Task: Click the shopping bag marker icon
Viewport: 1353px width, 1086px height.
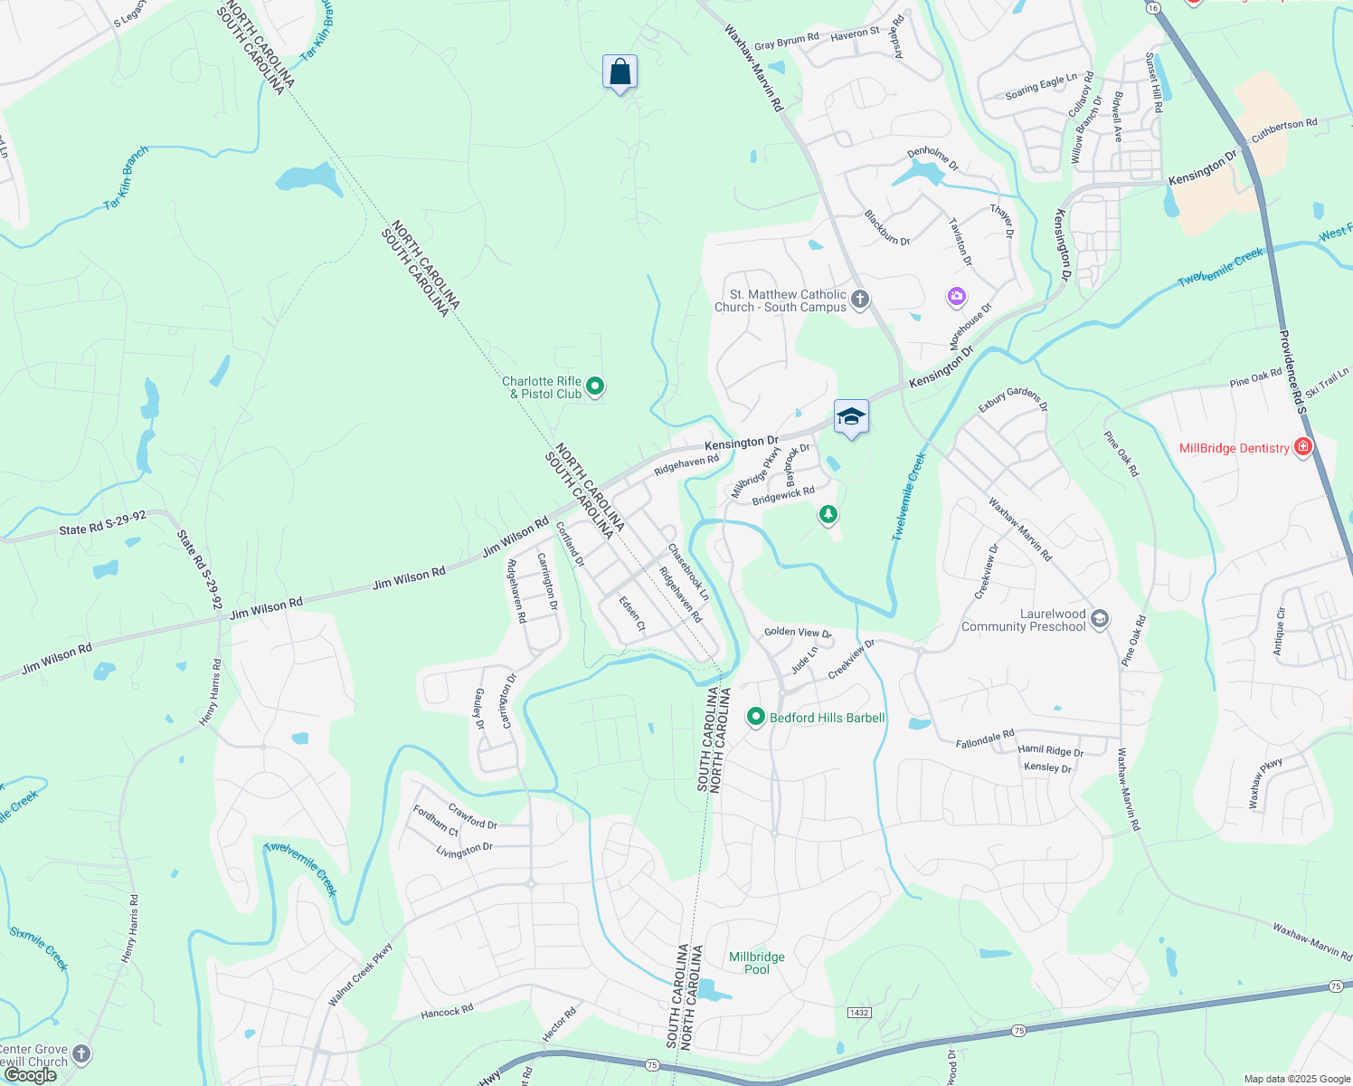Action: (x=620, y=72)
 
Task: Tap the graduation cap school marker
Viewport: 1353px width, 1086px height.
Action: (x=851, y=417)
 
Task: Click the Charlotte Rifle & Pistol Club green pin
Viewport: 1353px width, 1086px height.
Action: (x=595, y=387)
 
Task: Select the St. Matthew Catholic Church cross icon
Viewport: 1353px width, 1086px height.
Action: (x=860, y=300)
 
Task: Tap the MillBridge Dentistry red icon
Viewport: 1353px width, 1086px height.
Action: (x=1303, y=447)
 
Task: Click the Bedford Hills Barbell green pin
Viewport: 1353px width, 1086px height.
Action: (x=755, y=718)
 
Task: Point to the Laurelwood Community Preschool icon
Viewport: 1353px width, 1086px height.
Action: (x=1100, y=620)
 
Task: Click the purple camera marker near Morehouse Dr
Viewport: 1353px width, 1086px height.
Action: (x=956, y=296)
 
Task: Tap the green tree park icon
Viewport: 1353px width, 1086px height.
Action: (x=828, y=515)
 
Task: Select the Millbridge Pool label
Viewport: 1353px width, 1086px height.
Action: (x=757, y=963)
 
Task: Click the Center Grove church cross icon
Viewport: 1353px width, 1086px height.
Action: (x=81, y=1053)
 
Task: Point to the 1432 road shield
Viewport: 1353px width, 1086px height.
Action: (x=858, y=1012)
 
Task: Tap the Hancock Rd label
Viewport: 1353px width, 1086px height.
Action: (x=447, y=1012)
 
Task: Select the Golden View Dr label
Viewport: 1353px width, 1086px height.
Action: (x=797, y=633)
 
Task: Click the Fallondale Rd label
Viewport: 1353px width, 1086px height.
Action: (x=985, y=739)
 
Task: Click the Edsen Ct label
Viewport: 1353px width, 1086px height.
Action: (x=632, y=613)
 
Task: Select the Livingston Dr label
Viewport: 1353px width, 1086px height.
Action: (x=464, y=851)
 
